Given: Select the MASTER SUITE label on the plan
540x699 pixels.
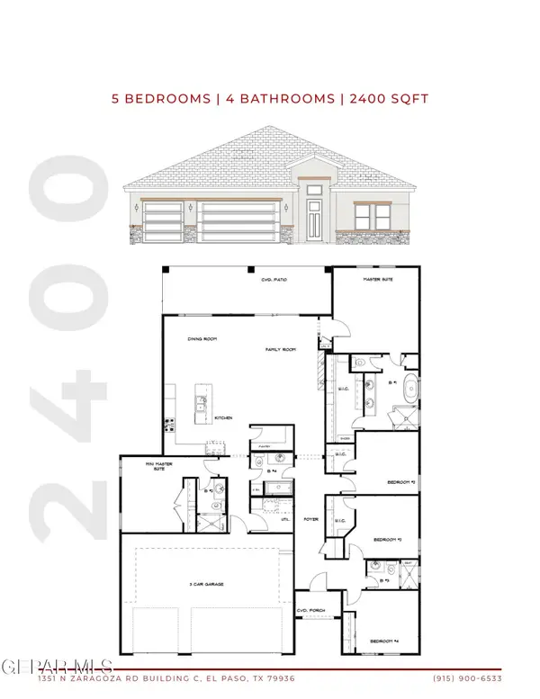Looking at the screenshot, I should [377, 281].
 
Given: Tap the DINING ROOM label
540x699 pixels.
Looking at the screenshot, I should [199, 339].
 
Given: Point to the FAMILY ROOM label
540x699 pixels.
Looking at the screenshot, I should [279, 348].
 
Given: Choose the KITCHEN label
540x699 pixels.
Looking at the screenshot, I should [225, 418].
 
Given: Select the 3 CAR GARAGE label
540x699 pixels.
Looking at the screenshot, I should [206, 585].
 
